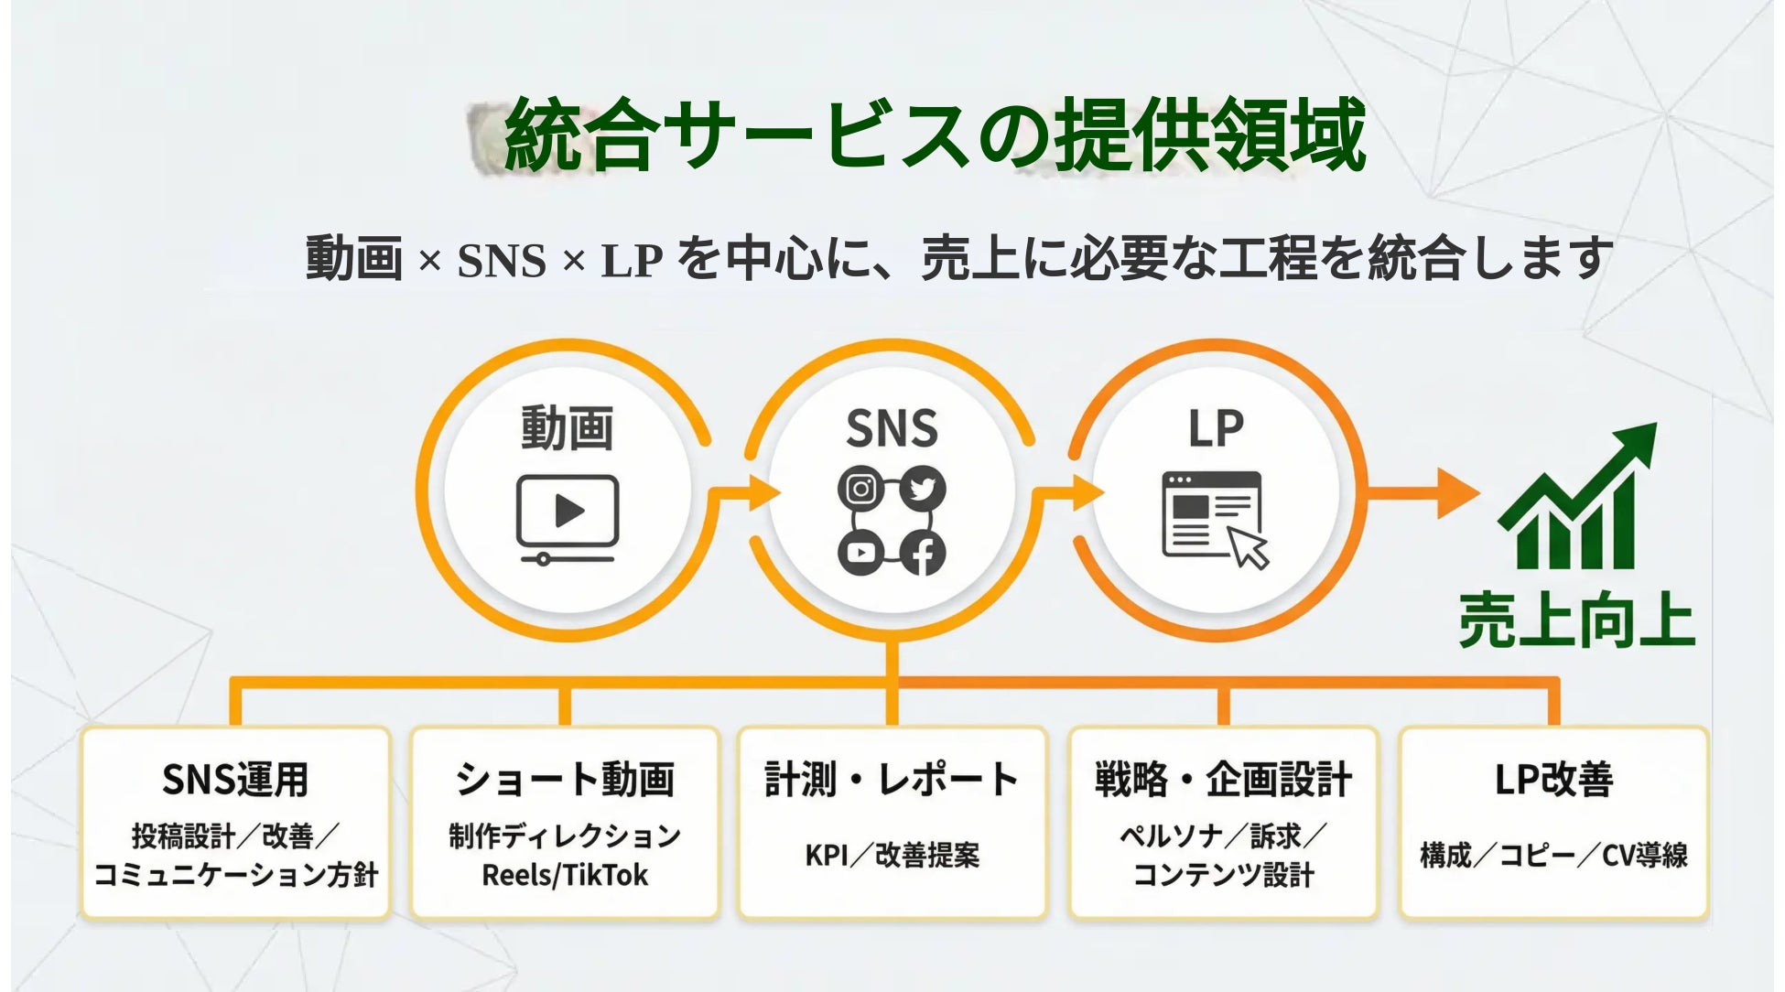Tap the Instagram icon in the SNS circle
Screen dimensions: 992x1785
(x=860, y=489)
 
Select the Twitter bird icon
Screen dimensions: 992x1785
(x=923, y=489)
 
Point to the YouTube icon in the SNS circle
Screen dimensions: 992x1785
(x=860, y=553)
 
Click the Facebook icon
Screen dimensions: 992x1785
(x=923, y=553)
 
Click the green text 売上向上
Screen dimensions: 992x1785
(x=1576, y=622)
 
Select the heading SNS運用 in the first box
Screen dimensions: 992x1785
(x=235, y=780)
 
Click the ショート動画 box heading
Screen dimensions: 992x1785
(x=565, y=780)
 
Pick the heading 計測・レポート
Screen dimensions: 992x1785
(x=892, y=780)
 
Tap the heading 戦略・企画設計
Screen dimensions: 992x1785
(x=1223, y=780)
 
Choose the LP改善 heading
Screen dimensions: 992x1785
(x=1553, y=780)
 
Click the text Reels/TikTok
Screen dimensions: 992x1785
(x=565, y=875)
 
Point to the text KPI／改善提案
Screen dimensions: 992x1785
(x=892, y=855)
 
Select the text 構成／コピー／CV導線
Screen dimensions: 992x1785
(x=1553, y=855)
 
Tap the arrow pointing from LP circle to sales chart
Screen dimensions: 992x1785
(x=1428, y=494)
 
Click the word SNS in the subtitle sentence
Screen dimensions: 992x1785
(x=501, y=261)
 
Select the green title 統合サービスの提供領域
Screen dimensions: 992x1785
(x=934, y=135)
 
